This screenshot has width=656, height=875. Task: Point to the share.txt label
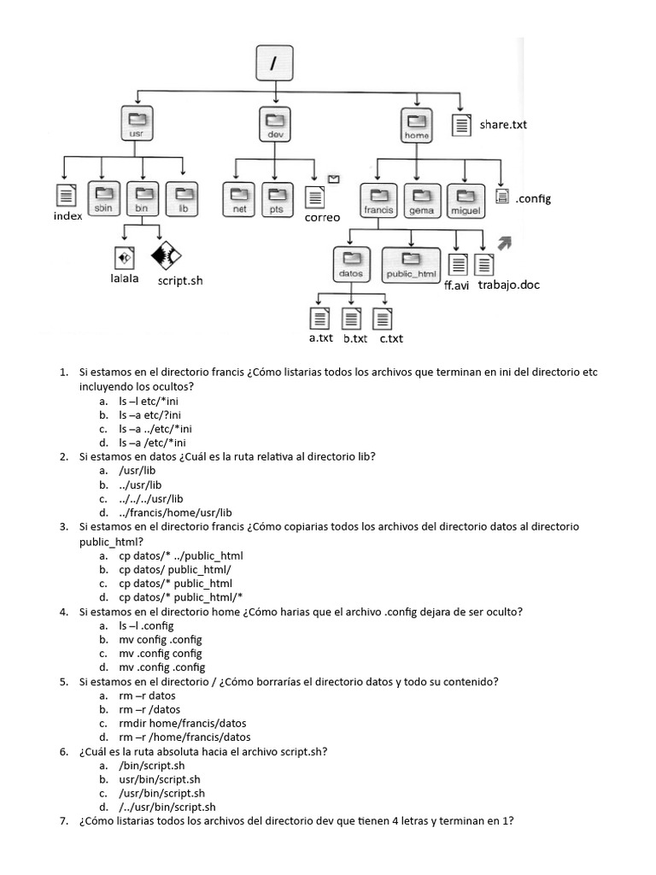[x=503, y=125]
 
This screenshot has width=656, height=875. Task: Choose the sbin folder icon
[x=104, y=198]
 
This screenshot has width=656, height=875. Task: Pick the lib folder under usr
[x=183, y=198]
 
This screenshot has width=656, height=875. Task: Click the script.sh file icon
[x=167, y=255]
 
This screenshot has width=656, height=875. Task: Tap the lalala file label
[x=124, y=279]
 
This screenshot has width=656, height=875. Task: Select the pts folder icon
[x=277, y=198]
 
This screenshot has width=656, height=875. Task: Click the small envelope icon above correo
[x=334, y=179]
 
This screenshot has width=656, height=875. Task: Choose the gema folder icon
[x=422, y=200]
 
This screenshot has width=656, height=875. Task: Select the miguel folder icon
[x=466, y=200]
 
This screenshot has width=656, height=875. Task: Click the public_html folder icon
[x=411, y=263]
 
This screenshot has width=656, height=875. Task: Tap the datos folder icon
[x=351, y=263]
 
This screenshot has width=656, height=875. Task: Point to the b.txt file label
[x=354, y=338]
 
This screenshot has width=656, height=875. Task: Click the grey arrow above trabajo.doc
[x=506, y=244]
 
